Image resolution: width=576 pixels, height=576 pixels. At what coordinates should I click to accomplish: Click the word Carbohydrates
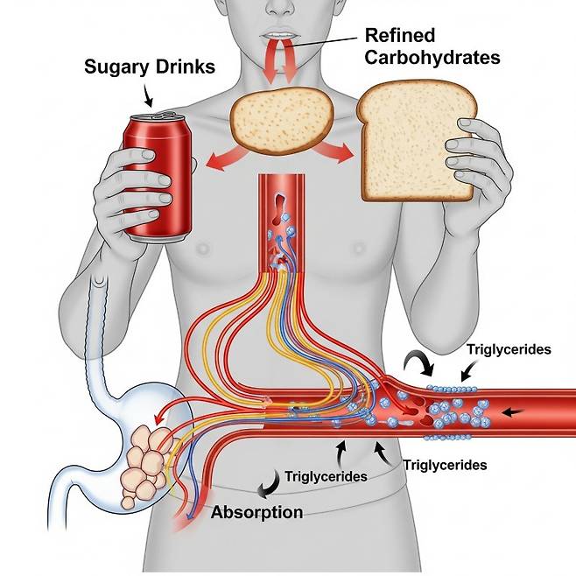pyautogui.click(x=433, y=59)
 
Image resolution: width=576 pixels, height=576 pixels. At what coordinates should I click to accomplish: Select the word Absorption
pyautogui.click(x=257, y=512)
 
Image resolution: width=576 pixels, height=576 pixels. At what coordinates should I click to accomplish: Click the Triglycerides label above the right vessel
pyautogui.click(x=509, y=349)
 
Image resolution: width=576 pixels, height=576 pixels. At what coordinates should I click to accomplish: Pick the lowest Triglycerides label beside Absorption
pyautogui.click(x=326, y=477)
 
